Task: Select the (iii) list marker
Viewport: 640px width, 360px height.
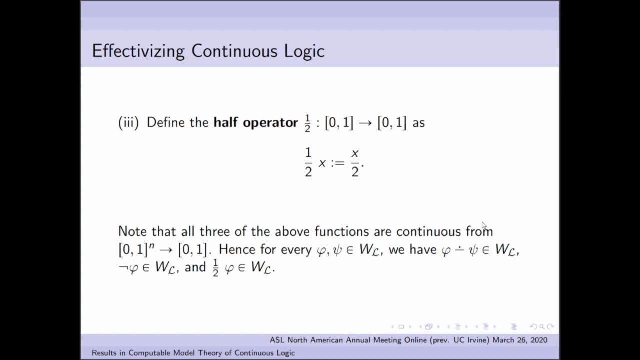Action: pos(128,123)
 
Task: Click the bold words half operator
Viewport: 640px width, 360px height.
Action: pos(255,123)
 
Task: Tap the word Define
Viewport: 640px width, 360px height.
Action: pos(167,123)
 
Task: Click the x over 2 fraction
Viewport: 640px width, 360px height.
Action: pos(355,163)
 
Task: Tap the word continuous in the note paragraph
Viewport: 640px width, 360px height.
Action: pos(428,231)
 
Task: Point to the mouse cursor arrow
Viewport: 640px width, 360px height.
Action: pos(484,226)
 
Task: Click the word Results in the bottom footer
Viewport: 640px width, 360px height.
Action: pos(108,353)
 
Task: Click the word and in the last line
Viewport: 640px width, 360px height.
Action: pos(195,267)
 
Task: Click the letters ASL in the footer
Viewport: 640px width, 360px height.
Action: pos(277,340)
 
